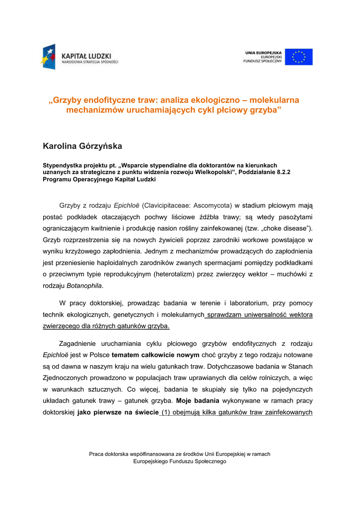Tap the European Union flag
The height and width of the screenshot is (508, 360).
coord(298,57)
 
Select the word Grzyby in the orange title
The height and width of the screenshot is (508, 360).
coord(67,100)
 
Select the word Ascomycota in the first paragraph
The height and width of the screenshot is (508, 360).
coord(213,205)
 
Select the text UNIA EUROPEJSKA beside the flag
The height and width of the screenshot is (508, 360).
coord(263,52)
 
